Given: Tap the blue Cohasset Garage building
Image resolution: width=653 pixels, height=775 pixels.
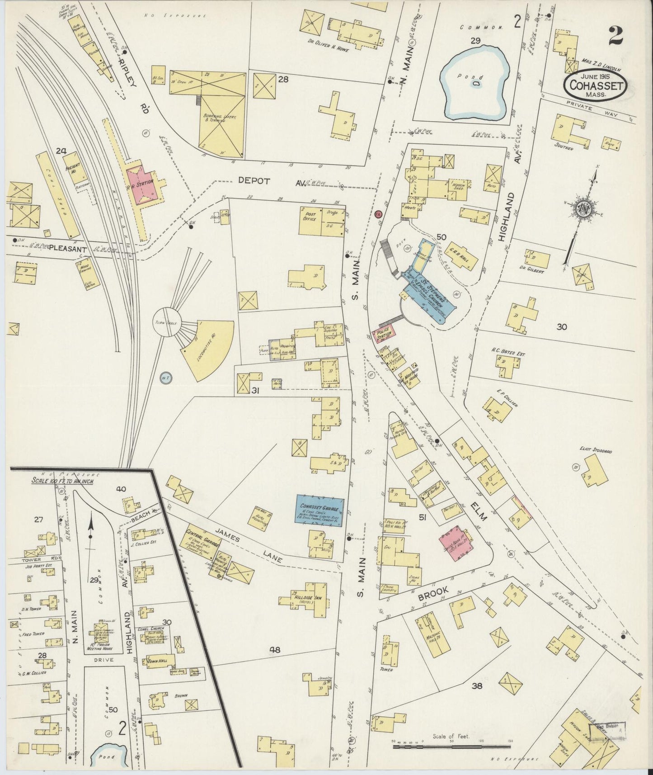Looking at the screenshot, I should [320, 510].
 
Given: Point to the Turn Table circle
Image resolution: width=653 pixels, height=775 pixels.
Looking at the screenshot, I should [167, 322].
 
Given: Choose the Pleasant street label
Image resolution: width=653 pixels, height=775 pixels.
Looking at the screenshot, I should [68, 248].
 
